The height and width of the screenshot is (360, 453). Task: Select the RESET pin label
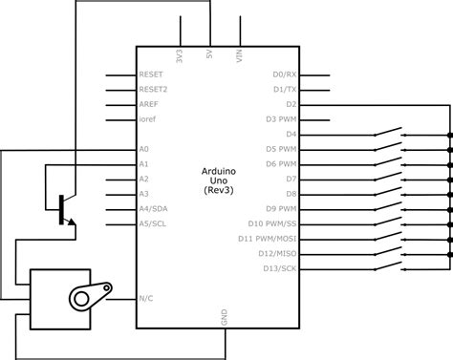point(151,74)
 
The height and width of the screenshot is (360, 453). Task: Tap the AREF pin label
point(149,104)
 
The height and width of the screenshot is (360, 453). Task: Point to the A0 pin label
point(144,149)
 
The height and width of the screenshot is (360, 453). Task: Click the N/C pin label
point(146,297)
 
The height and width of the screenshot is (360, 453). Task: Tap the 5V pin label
point(209,56)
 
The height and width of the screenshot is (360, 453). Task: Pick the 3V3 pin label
point(180,57)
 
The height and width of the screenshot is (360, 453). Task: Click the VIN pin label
point(240,57)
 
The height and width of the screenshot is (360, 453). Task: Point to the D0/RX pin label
point(285,74)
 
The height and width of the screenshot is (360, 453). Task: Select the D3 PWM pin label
point(281,119)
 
